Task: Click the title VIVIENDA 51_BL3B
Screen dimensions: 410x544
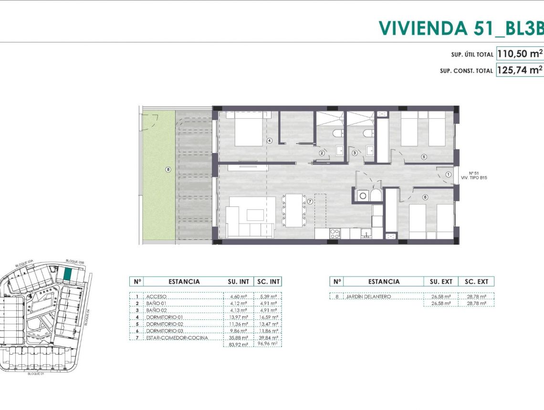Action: coord(461,28)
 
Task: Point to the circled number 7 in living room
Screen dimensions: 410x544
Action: coord(310,202)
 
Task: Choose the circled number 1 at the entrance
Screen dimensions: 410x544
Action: coord(448,175)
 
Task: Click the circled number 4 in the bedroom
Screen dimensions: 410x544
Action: coord(270,141)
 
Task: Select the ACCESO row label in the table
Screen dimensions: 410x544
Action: coord(157,296)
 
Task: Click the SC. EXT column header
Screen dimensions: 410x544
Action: coord(476,281)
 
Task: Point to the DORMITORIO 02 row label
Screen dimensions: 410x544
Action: coord(164,324)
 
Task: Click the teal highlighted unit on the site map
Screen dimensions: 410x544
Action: coord(68,274)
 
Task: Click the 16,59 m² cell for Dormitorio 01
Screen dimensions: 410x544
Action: coord(267,317)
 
